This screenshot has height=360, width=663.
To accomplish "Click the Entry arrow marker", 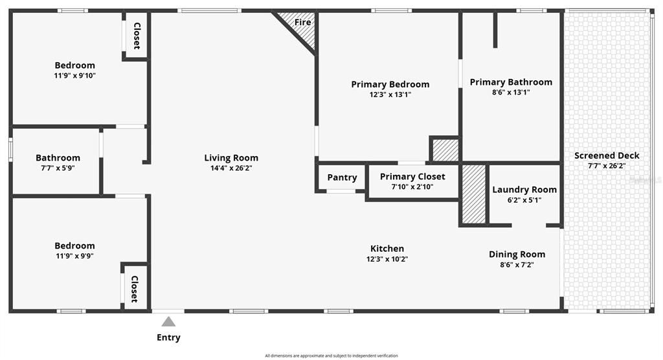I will (168, 321).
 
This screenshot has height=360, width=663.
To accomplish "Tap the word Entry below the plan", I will (168, 337).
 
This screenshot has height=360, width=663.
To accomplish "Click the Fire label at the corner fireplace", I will (302, 22).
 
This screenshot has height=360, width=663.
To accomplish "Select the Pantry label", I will (342, 177).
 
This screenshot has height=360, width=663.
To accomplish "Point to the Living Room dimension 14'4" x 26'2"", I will (231, 168).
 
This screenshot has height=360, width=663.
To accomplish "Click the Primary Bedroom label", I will (390, 84).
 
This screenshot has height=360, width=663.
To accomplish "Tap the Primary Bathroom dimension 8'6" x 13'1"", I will (511, 92).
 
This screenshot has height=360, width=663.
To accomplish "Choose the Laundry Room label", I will (524, 190).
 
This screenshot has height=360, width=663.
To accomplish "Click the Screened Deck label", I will (607, 155).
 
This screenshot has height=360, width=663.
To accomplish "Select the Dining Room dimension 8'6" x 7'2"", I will (517, 264).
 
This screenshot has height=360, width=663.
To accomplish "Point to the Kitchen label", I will (387, 249).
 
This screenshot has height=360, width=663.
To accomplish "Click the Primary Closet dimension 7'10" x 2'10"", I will (412, 186).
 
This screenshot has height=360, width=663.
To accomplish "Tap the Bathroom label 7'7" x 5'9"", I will (58, 158).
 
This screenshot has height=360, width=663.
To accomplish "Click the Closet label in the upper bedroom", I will (137, 36).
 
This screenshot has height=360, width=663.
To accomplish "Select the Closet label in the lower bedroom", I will (135, 289).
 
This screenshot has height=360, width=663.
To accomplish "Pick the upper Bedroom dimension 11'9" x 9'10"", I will (74, 75).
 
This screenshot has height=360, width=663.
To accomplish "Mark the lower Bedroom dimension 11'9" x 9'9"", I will (74, 255).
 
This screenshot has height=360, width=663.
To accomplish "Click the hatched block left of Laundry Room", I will (473, 194).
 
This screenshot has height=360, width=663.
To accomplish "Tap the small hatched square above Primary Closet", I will (445, 150).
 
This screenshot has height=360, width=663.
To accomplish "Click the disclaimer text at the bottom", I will (331, 355).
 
